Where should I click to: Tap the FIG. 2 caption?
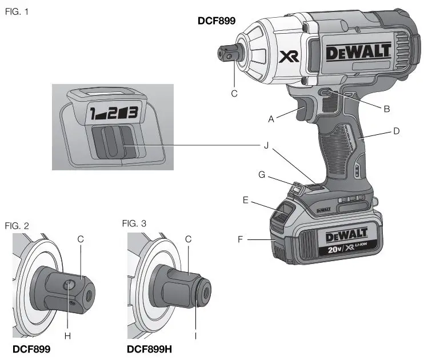pyautogui.click(x=17, y=226)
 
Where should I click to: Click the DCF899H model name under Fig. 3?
pyautogui.click(x=151, y=349)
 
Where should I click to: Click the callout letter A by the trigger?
pyautogui.click(x=271, y=119)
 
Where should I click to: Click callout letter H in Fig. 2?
pyautogui.click(x=67, y=335)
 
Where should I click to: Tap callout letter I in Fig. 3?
pyautogui.click(x=195, y=336)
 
